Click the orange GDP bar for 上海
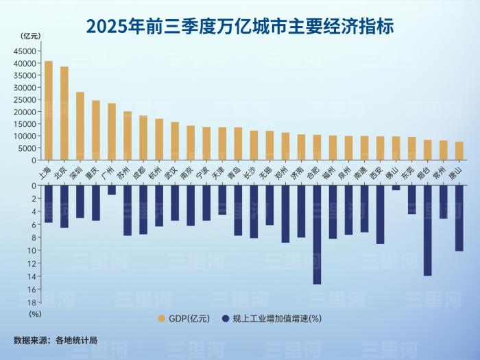(49, 110)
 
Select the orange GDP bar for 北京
(64, 113)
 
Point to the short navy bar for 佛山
(396, 188)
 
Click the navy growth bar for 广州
(112, 190)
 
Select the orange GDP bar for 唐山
(459, 151)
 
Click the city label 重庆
(94, 171)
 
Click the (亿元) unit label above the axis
(31, 36)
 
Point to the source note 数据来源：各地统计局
(56, 339)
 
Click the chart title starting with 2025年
(239, 25)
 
